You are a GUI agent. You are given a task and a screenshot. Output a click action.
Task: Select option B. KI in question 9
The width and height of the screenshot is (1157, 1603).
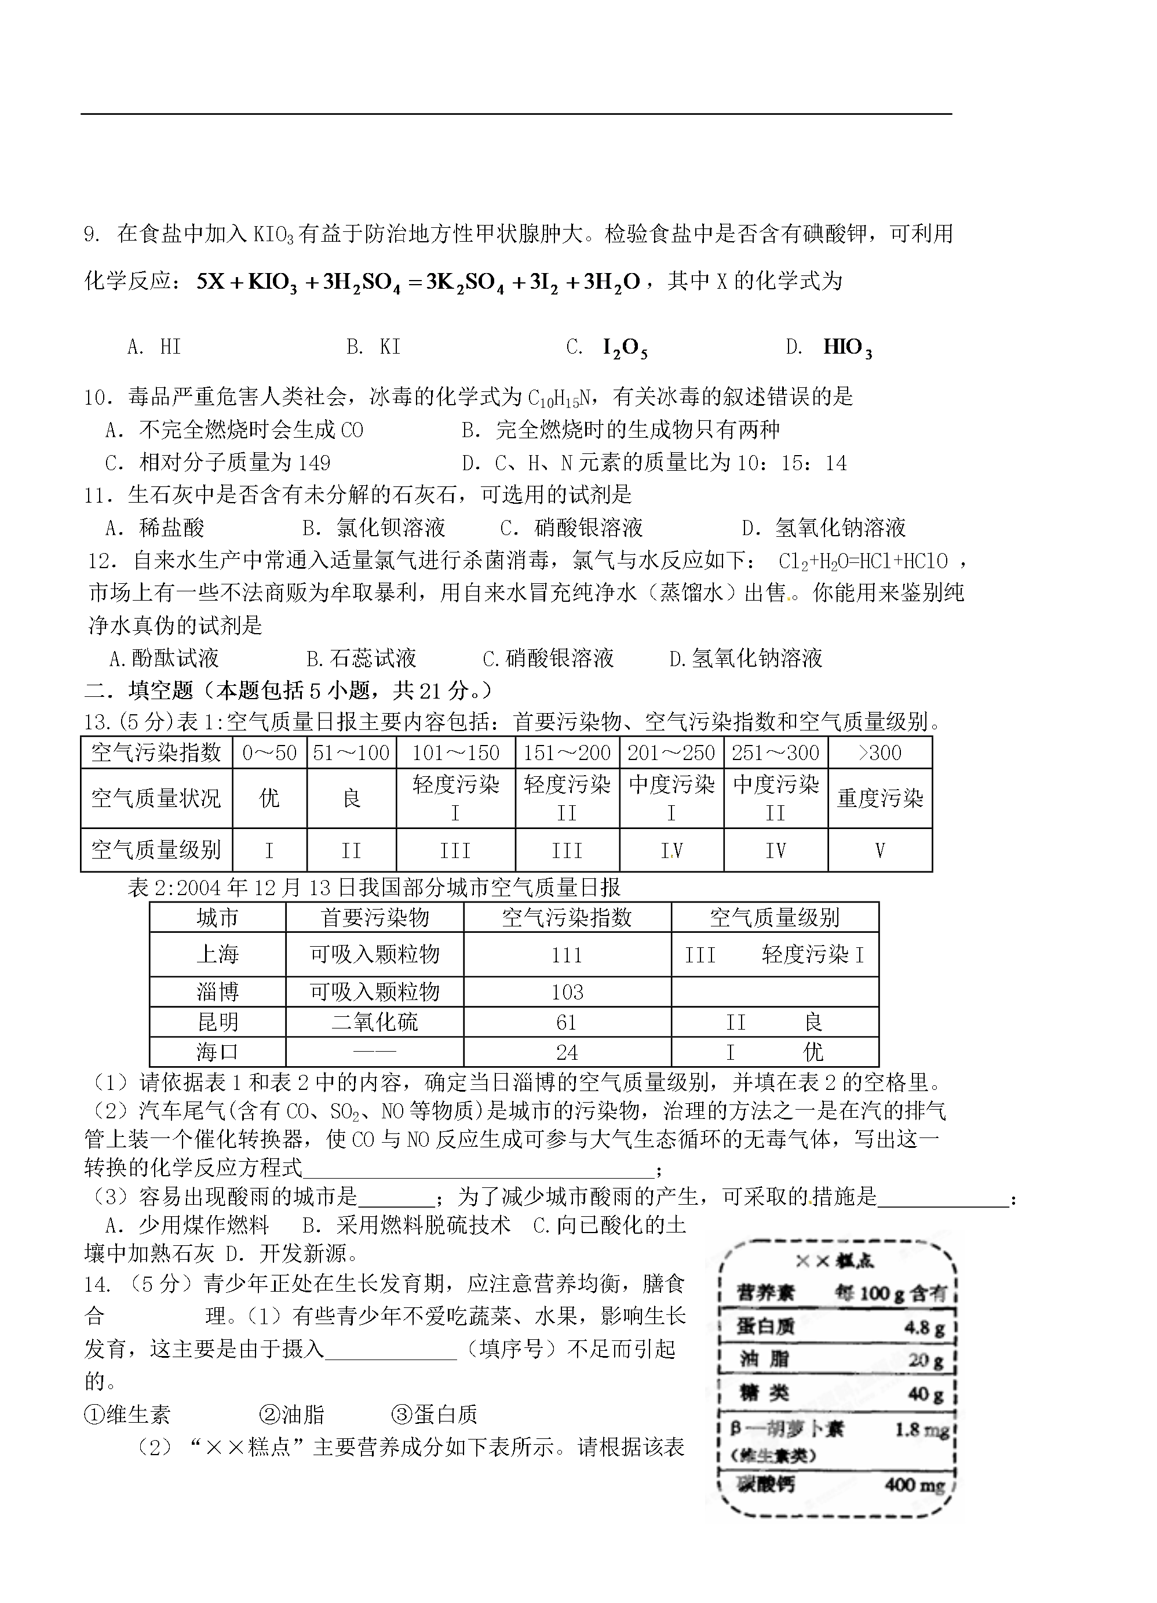tap(374, 347)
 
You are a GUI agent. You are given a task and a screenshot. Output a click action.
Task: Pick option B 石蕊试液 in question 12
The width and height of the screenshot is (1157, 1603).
tap(362, 658)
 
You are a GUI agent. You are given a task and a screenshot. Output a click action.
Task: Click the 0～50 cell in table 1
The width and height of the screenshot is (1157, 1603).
tap(269, 753)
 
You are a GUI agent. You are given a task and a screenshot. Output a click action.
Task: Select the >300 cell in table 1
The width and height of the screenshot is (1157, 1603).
tap(879, 753)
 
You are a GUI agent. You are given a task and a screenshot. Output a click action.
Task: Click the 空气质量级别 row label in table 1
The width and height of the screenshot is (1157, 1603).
tap(156, 849)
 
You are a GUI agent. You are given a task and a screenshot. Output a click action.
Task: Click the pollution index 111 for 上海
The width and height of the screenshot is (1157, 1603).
tap(567, 955)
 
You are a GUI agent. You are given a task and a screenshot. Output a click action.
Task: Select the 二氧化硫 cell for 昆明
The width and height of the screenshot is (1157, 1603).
tap(374, 1022)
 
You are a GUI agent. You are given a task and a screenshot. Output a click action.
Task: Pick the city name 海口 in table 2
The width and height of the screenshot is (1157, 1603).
tap(218, 1052)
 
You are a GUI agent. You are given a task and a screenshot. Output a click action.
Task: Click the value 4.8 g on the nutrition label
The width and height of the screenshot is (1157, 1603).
tap(924, 1328)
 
